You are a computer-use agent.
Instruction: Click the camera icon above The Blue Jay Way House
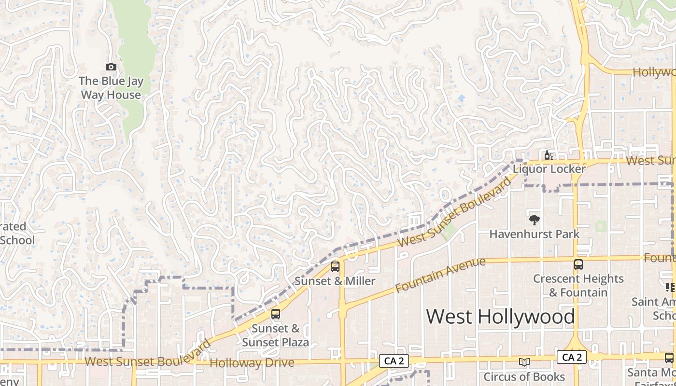click(x=111, y=67)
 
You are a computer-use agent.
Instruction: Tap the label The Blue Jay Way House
click(x=111, y=88)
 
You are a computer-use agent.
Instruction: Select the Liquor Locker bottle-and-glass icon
click(x=549, y=155)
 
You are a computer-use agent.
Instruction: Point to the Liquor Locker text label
click(x=549, y=169)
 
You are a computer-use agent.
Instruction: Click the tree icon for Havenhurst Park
click(x=534, y=221)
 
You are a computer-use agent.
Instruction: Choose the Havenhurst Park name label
click(x=534, y=234)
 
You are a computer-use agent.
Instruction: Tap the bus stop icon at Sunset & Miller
click(x=335, y=267)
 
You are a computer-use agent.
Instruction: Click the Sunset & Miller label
click(x=335, y=281)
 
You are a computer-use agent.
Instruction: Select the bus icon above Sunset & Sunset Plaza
click(x=275, y=314)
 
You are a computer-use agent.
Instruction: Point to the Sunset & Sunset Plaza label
click(x=275, y=336)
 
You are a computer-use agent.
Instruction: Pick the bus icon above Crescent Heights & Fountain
click(x=578, y=264)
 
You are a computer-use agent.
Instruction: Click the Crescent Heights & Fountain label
click(x=578, y=286)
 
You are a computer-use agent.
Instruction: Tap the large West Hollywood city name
click(x=500, y=317)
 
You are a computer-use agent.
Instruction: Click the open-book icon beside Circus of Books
click(x=524, y=362)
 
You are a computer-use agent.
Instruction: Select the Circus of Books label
click(x=524, y=376)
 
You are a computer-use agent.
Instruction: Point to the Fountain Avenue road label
click(x=440, y=275)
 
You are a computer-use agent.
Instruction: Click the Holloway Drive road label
click(x=252, y=362)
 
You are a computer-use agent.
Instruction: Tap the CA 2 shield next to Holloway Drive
click(x=394, y=360)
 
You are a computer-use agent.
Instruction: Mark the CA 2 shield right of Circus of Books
click(x=572, y=358)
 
